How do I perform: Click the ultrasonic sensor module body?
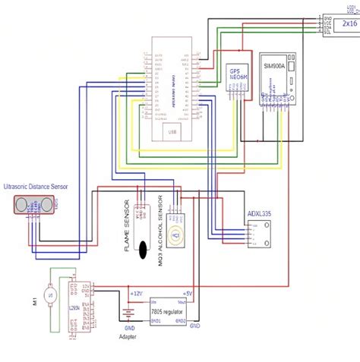[x=35, y=204]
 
